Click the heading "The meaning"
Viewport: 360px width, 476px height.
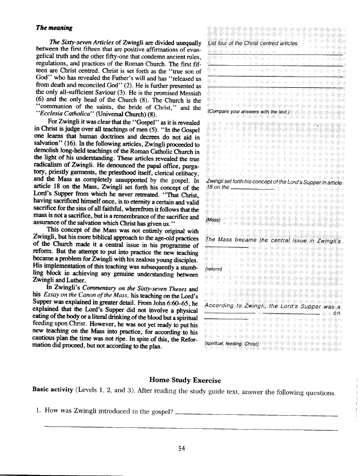54,28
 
